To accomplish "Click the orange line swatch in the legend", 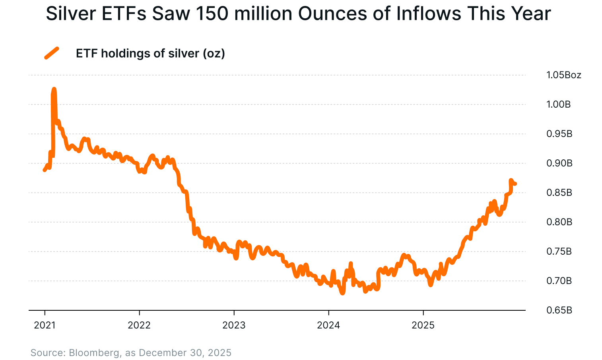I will pos(51,53).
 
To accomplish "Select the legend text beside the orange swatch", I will pos(151,54).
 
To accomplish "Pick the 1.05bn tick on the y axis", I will pos(563,75).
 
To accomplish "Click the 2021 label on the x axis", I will pos(45,327).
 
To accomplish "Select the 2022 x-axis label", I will pos(140,327).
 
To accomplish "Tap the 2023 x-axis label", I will pos(235,327).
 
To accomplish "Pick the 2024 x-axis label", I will pos(328,327).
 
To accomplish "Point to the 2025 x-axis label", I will pos(423,327).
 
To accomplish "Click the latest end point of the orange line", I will pos(516,183).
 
